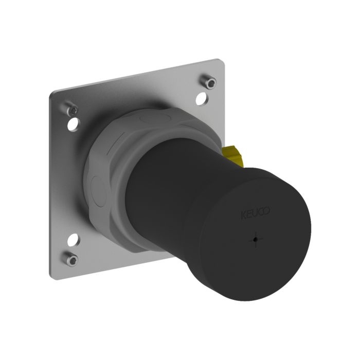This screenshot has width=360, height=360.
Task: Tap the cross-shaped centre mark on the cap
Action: [x=256, y=239]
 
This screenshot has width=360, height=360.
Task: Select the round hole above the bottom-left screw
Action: [x=74, y=238]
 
